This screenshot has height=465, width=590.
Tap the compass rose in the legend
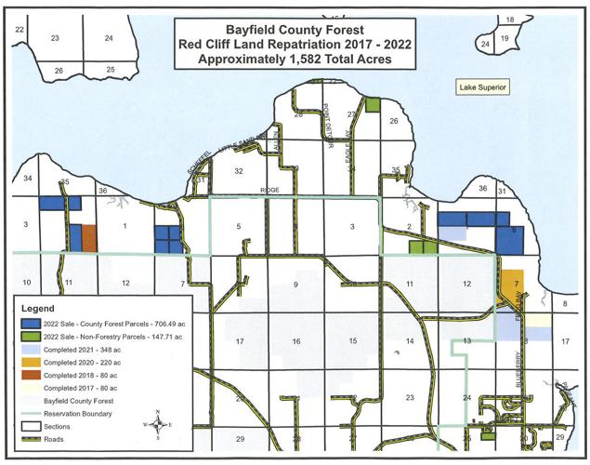(160, 423)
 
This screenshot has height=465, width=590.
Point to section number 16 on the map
(296, 342)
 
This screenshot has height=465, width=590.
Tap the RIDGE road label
(269, 191)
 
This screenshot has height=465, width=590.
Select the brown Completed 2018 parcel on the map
(89, 237)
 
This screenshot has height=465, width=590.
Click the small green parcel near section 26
(373, 105)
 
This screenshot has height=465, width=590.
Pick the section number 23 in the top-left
(55, 37)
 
